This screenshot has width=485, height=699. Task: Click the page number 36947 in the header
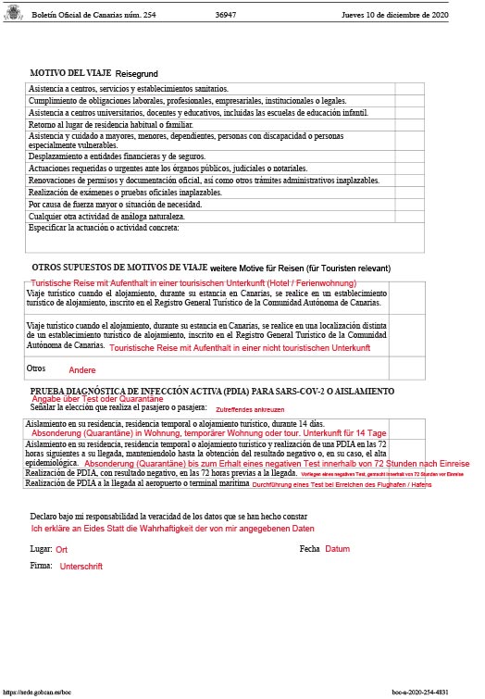pos(227,16)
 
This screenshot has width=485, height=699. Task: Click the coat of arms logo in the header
pos(14,16)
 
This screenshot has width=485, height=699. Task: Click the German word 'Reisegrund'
pos(137,72)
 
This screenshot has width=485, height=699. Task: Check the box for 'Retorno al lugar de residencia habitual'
pos(408,124)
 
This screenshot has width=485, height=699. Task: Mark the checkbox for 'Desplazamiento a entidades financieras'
pos(408,156)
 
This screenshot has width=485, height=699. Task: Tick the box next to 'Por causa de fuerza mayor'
pos(408,204)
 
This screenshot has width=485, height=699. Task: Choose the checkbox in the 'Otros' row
pos(408,368)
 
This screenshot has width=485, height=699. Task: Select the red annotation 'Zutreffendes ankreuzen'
pos(250,409)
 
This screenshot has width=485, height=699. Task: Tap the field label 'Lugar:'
pos(41,549)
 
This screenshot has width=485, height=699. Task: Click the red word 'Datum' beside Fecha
pos(337,549)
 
